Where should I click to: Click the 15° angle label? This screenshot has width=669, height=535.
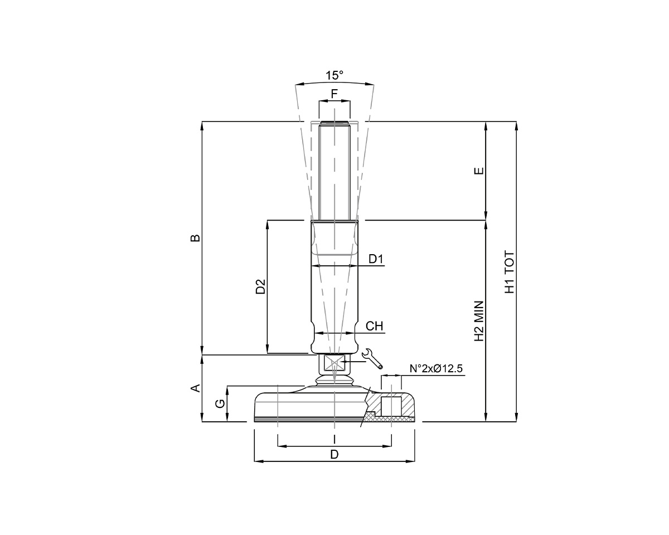point(334,75)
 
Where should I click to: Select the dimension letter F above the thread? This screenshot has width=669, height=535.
point(334,94)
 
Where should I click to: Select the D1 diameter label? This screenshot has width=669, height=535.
point(376,259)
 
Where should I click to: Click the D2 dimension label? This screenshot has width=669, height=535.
point(260,286)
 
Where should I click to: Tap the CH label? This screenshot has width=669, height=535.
point(375,326)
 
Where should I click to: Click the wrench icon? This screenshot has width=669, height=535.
point(373,359)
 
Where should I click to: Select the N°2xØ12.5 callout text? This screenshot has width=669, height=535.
point(437,369)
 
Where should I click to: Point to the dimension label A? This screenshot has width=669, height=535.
point(196,388)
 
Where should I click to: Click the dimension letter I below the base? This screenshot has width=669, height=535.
point(334,439)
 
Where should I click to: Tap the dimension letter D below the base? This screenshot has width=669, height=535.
point(334,454)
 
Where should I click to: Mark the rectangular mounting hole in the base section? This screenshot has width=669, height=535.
point(391,405)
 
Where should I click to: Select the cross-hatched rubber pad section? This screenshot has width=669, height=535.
point(370,417)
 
